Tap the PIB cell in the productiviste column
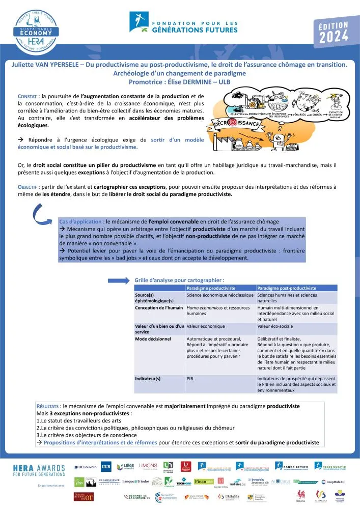point(190,379)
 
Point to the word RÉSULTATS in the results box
point(48,407)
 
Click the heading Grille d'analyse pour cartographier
point(179,280)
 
